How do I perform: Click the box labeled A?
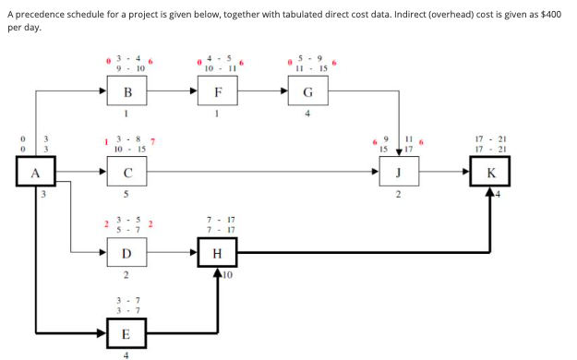36,172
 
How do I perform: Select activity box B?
126,92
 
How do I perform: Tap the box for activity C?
126,172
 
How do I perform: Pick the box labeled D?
126,252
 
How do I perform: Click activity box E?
126,331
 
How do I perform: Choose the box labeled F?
217,92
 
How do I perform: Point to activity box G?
307,92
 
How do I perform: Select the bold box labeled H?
217,252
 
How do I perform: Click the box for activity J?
398,172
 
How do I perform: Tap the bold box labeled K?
488,172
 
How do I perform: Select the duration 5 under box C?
126,196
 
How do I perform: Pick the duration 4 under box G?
307,115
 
